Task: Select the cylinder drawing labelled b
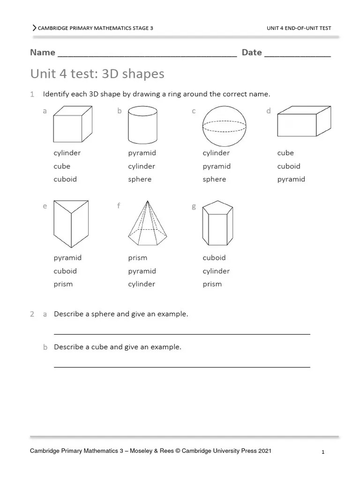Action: (x=142, y=124)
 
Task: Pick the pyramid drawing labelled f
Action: (x=148, y=223)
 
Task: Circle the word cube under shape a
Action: (x=62, y=166)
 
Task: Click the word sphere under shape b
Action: (x=140, y=179)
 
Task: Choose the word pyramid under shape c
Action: (x=217, y=166)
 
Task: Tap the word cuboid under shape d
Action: (x=289, y=166)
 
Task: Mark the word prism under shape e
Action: (x=63, y=284)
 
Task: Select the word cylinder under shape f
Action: (x=142, y=284)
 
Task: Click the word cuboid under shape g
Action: (x=214, y=258)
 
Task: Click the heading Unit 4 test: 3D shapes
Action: (x=97, y=74)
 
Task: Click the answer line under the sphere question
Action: (x=182, y=334)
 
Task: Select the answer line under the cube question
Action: (x=182, y=367)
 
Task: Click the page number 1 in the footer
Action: (x=323, y=452)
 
